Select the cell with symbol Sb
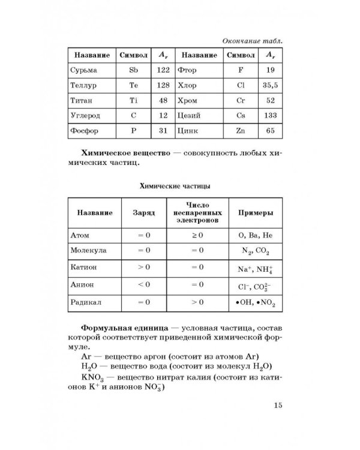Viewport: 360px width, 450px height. [134, 70]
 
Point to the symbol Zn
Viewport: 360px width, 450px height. [240, 130]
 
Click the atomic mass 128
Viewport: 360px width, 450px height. [162, 85]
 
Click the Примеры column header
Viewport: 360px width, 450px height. [253, 213]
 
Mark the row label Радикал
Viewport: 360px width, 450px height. [87, 303]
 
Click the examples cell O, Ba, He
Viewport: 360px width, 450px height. [252, 235]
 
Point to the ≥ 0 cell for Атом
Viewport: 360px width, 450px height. [197, 235]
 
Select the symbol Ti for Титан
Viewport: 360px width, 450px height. [134, 100]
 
